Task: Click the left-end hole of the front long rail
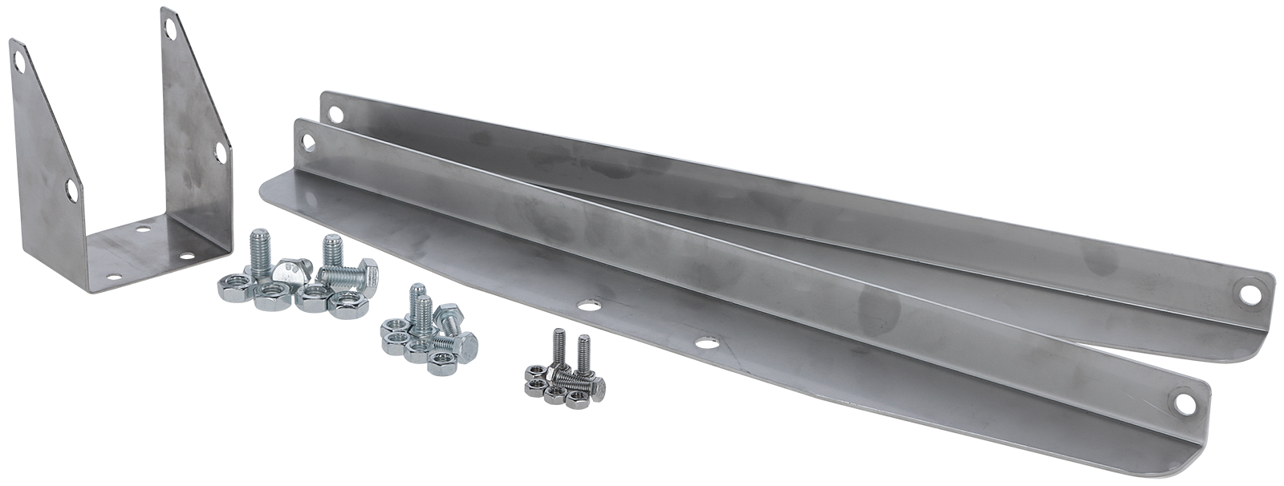pos(305,144)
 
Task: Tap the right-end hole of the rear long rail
pos(1250,291)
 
